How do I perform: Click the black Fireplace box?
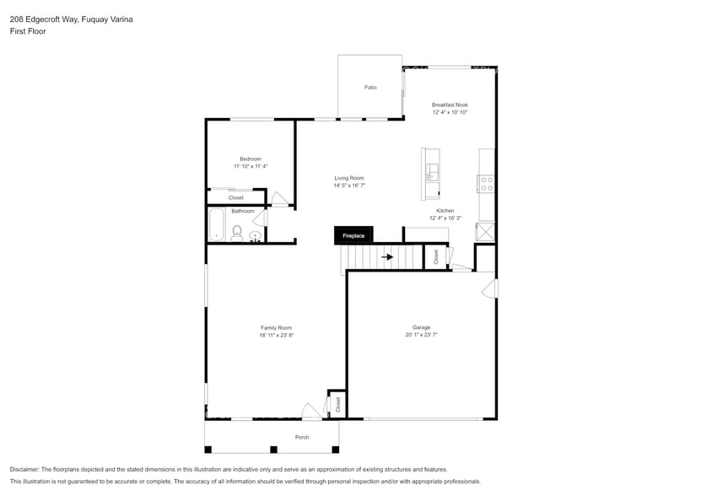(x=353, y=235)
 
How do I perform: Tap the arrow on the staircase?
(x=387, y=257)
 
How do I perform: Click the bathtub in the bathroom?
(x=216, y=225)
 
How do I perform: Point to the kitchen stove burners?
(x=487, y=183)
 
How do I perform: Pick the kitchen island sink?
(x=432, y=174)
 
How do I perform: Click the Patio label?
(x=370, y=87)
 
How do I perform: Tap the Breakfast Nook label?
(x=450, y=105)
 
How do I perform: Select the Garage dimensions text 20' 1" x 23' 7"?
(x=421, y=335)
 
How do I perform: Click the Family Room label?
(x=276, y=327)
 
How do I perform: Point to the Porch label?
(x=302, y=437)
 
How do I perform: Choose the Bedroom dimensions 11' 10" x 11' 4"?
(x=251, y=166)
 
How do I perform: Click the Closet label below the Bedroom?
(x=236, y=197)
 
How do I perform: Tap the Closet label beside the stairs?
(x=436, y=257)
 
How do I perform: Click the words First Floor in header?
(x=28, y=31)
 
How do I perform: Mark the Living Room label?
(x=348, y=178)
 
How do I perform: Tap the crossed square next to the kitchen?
(x=486, y=232)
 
